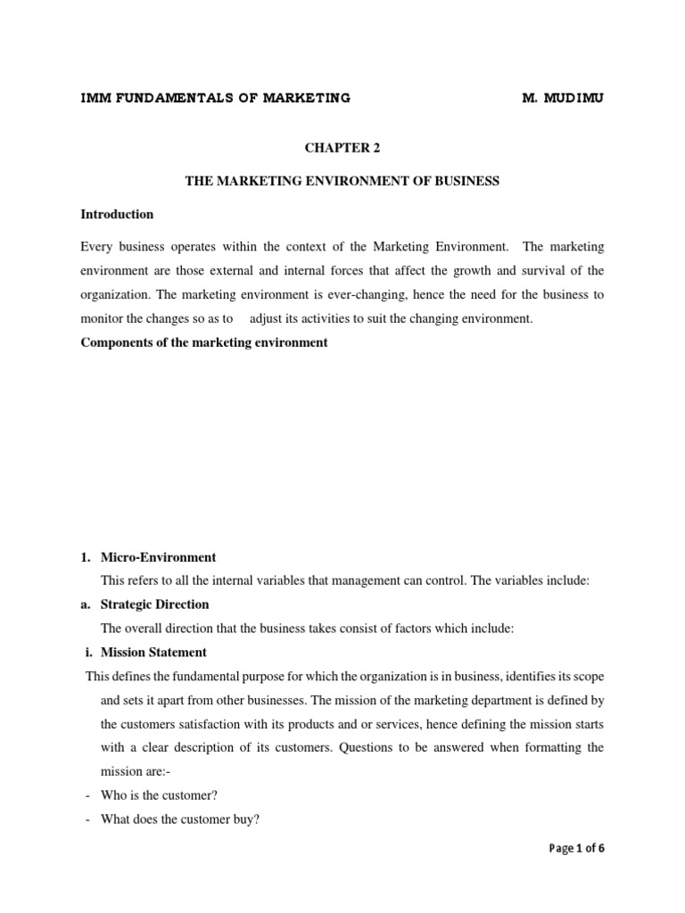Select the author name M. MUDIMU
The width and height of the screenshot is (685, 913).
point(562,98)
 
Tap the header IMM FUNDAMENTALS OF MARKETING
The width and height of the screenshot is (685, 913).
point(215,98)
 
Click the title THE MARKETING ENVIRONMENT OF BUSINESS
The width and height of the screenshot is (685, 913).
point(342,181)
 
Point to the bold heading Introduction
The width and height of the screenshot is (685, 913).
point(117,215)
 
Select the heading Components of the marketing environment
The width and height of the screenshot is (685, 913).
point(204,343)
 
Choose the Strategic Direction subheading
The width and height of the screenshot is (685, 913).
point(155,605)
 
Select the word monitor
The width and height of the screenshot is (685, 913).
point(102,319)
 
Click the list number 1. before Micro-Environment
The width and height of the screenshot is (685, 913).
point(86,557)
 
